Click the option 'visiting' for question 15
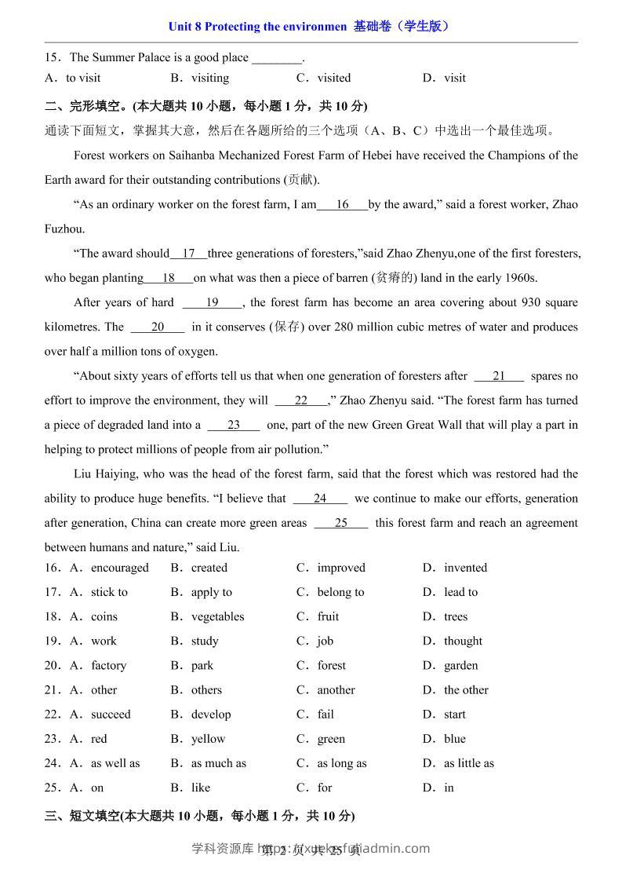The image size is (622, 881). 209,78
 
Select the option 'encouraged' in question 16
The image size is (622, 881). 119,568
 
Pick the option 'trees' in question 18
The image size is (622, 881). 455,616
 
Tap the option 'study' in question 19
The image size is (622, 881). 205,641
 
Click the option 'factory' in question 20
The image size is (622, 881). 108,665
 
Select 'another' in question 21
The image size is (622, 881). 336,689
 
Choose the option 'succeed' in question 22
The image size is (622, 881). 111,714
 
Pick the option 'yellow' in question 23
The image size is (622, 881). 208,738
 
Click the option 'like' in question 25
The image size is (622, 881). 201,787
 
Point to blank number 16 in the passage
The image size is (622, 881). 342,205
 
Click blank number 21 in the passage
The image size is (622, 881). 499,376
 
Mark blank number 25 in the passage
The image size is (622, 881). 340,523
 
